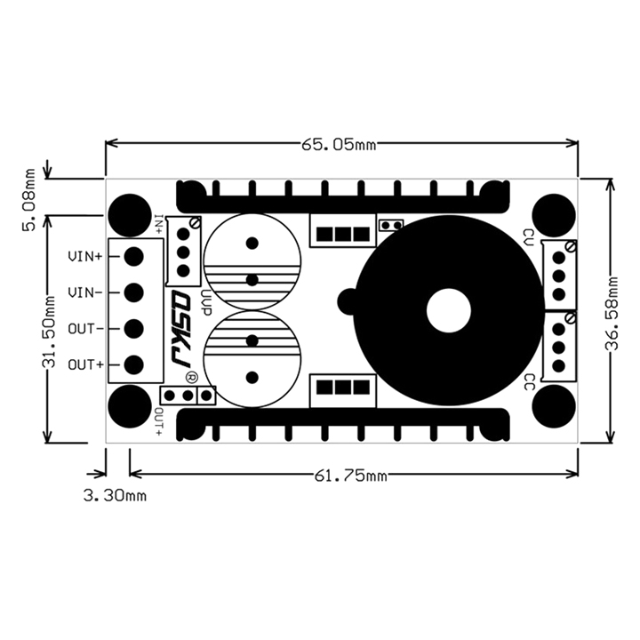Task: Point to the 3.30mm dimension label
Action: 115,495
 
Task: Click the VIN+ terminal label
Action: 85,256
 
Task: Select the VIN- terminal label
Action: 85,292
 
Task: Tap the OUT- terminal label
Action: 85,329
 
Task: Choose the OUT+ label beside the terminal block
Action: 85,364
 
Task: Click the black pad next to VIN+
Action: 134,256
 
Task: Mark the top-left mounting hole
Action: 131,214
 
